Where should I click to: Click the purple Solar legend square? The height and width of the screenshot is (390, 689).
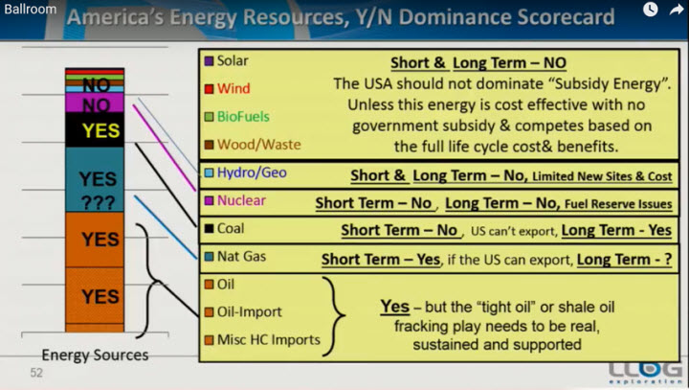pyautogui.click(x=210, y=60)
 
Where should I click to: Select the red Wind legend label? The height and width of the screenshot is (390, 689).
pyautogui.click(x=233, y=88)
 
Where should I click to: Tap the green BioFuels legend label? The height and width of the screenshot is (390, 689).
pyautogui.click(x=243, y=117)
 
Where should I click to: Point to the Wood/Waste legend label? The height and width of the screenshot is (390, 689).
pyautogui.click(x=258, y=145)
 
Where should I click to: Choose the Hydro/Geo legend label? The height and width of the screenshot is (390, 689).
pyautogui.click(x=252, y=172)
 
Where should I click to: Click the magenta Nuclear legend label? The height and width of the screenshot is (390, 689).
pyautogui.click(x=241, y=200)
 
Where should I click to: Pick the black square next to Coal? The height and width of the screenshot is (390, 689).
pyautogui.click(x=210, y=228)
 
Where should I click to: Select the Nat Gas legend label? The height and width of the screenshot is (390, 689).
pyautogui.click(x=241, y=256)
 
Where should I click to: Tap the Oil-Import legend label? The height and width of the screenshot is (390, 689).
pyautogui.click(x=249, y=312)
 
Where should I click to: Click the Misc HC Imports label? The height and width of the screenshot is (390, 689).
pyautogui.click(x=269, y=340)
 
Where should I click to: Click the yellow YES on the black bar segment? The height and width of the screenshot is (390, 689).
pyautogui.click(x=100, y=130)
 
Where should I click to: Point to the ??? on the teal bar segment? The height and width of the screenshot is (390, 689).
pyautogui.click(x=98, y=202)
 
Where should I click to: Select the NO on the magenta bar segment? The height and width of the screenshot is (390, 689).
pyautogui.click(x=97, y=105)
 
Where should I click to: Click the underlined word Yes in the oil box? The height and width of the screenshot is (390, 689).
pyautogui.click(x=395, y=307)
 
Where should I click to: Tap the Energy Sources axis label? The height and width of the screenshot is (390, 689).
pyautogui.click(x=95, y=356)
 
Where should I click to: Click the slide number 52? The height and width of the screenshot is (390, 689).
pyautogui.click(x=36, y=373)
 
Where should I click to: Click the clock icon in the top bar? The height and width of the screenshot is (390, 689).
pyautogui.click(x=651, y=10)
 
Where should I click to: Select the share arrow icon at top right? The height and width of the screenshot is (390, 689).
pyautogui.click(x=677, y=10)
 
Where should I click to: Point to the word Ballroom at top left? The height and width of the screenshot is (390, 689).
pyautogui.click(x=31, y=9)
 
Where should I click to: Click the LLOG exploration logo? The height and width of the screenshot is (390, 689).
pyautogui.click(x=646, y=373)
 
